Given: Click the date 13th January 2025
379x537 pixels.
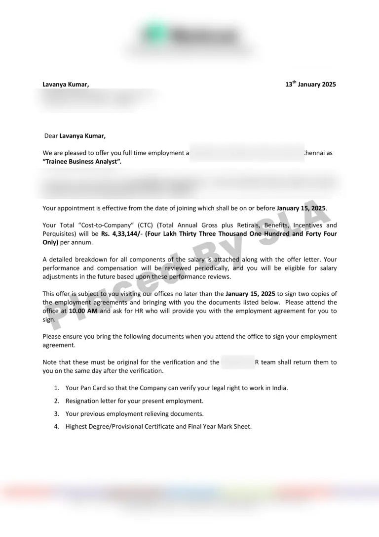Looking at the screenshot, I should [310, 85].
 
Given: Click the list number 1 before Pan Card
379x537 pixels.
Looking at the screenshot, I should [57, 388].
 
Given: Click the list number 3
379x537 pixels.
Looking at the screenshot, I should [57, 414].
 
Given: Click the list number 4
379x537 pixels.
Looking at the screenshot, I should [57, 426].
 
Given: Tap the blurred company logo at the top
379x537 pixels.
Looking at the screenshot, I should [189, 36].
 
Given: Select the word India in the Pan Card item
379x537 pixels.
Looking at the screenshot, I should [279, 388].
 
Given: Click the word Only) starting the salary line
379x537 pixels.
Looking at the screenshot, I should [50, 242].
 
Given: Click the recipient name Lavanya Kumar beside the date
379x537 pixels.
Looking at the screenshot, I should [66, 85].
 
